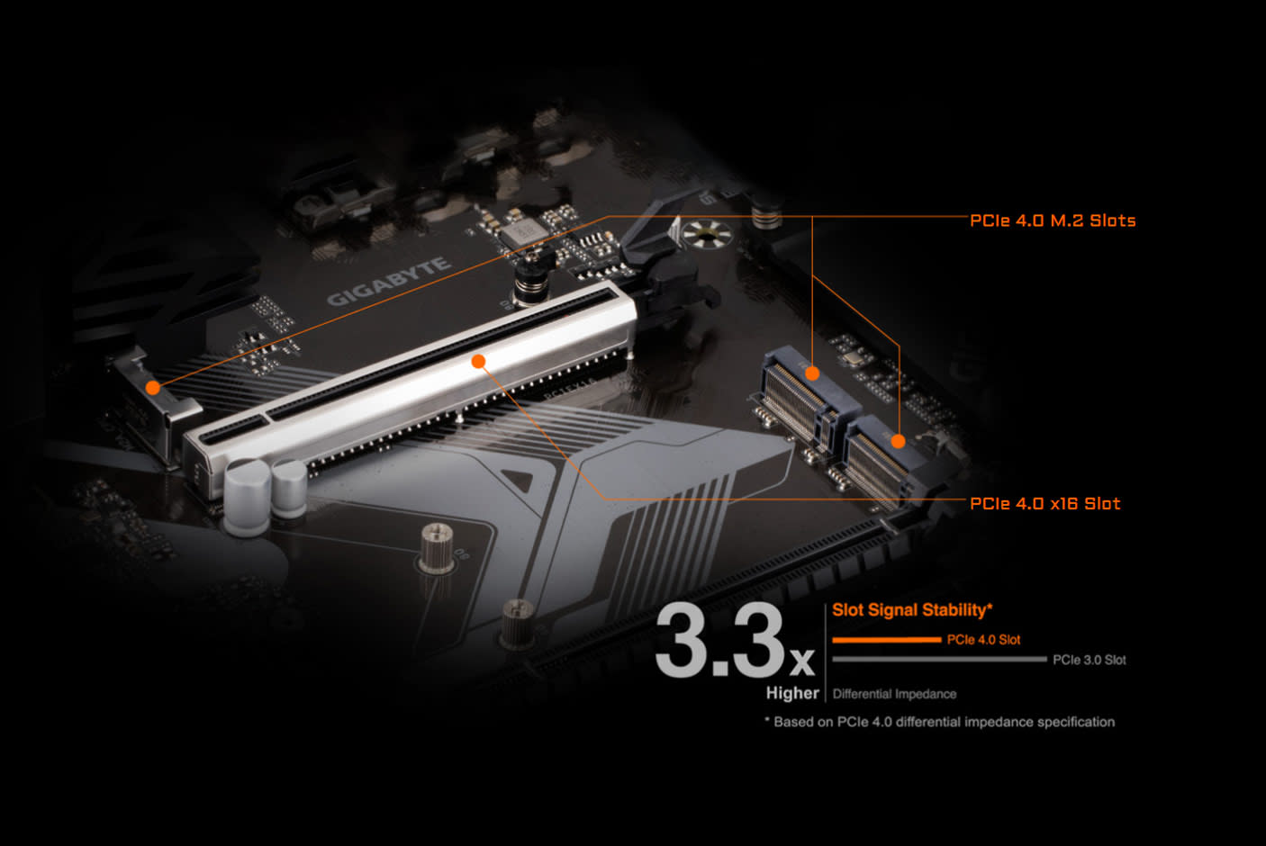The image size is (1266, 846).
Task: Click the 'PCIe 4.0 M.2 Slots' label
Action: click(1052, 220)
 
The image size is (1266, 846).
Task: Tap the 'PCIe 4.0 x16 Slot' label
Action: click(1044, 504)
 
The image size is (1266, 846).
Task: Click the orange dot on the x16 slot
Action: click(479, 361)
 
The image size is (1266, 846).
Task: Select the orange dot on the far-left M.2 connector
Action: click(153, 387)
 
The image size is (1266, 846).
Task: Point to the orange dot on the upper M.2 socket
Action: click(812, 373)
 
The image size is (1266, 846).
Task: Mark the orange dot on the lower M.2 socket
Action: click(898, 441)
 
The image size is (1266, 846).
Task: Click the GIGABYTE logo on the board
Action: click(387, 281)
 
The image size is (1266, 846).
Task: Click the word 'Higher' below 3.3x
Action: click(792, 693)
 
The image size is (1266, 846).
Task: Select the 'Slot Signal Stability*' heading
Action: click(911, 610)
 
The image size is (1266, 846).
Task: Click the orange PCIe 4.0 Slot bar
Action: click(886, 640)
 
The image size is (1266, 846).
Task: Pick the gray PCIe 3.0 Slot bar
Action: click(939, 660)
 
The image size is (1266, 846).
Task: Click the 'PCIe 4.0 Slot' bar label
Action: click(983, 640)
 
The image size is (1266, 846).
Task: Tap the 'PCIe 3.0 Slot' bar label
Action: click(1089, 660)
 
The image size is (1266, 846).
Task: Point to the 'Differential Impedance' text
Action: click(894, 694)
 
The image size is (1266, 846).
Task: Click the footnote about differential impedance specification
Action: click(939, 722)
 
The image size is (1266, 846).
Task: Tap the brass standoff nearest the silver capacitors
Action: click(437, 547)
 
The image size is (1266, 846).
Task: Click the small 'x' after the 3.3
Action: click(801, 663)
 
